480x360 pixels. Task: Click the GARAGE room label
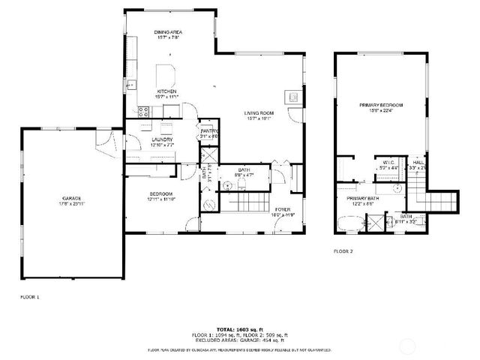click(x=71, y=198)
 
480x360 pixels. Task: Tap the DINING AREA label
click(x=168, y=32)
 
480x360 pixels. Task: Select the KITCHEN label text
click(x=166, y=91)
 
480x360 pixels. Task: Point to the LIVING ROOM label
click(x=259, y=113)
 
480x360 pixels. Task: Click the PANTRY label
click(x=208, y=131)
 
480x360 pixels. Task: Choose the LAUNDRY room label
click(x=162, y=139)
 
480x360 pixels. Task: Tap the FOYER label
click(x=282, y=209)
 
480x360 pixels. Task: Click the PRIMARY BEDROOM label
click(x=381, y=105)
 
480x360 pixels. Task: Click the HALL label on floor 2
click(x=418, y=161)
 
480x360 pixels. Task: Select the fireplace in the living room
click(x=293, y=96)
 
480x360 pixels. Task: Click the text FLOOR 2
click(x=343, y=250)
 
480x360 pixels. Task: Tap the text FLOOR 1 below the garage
click(x=29, y=298)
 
